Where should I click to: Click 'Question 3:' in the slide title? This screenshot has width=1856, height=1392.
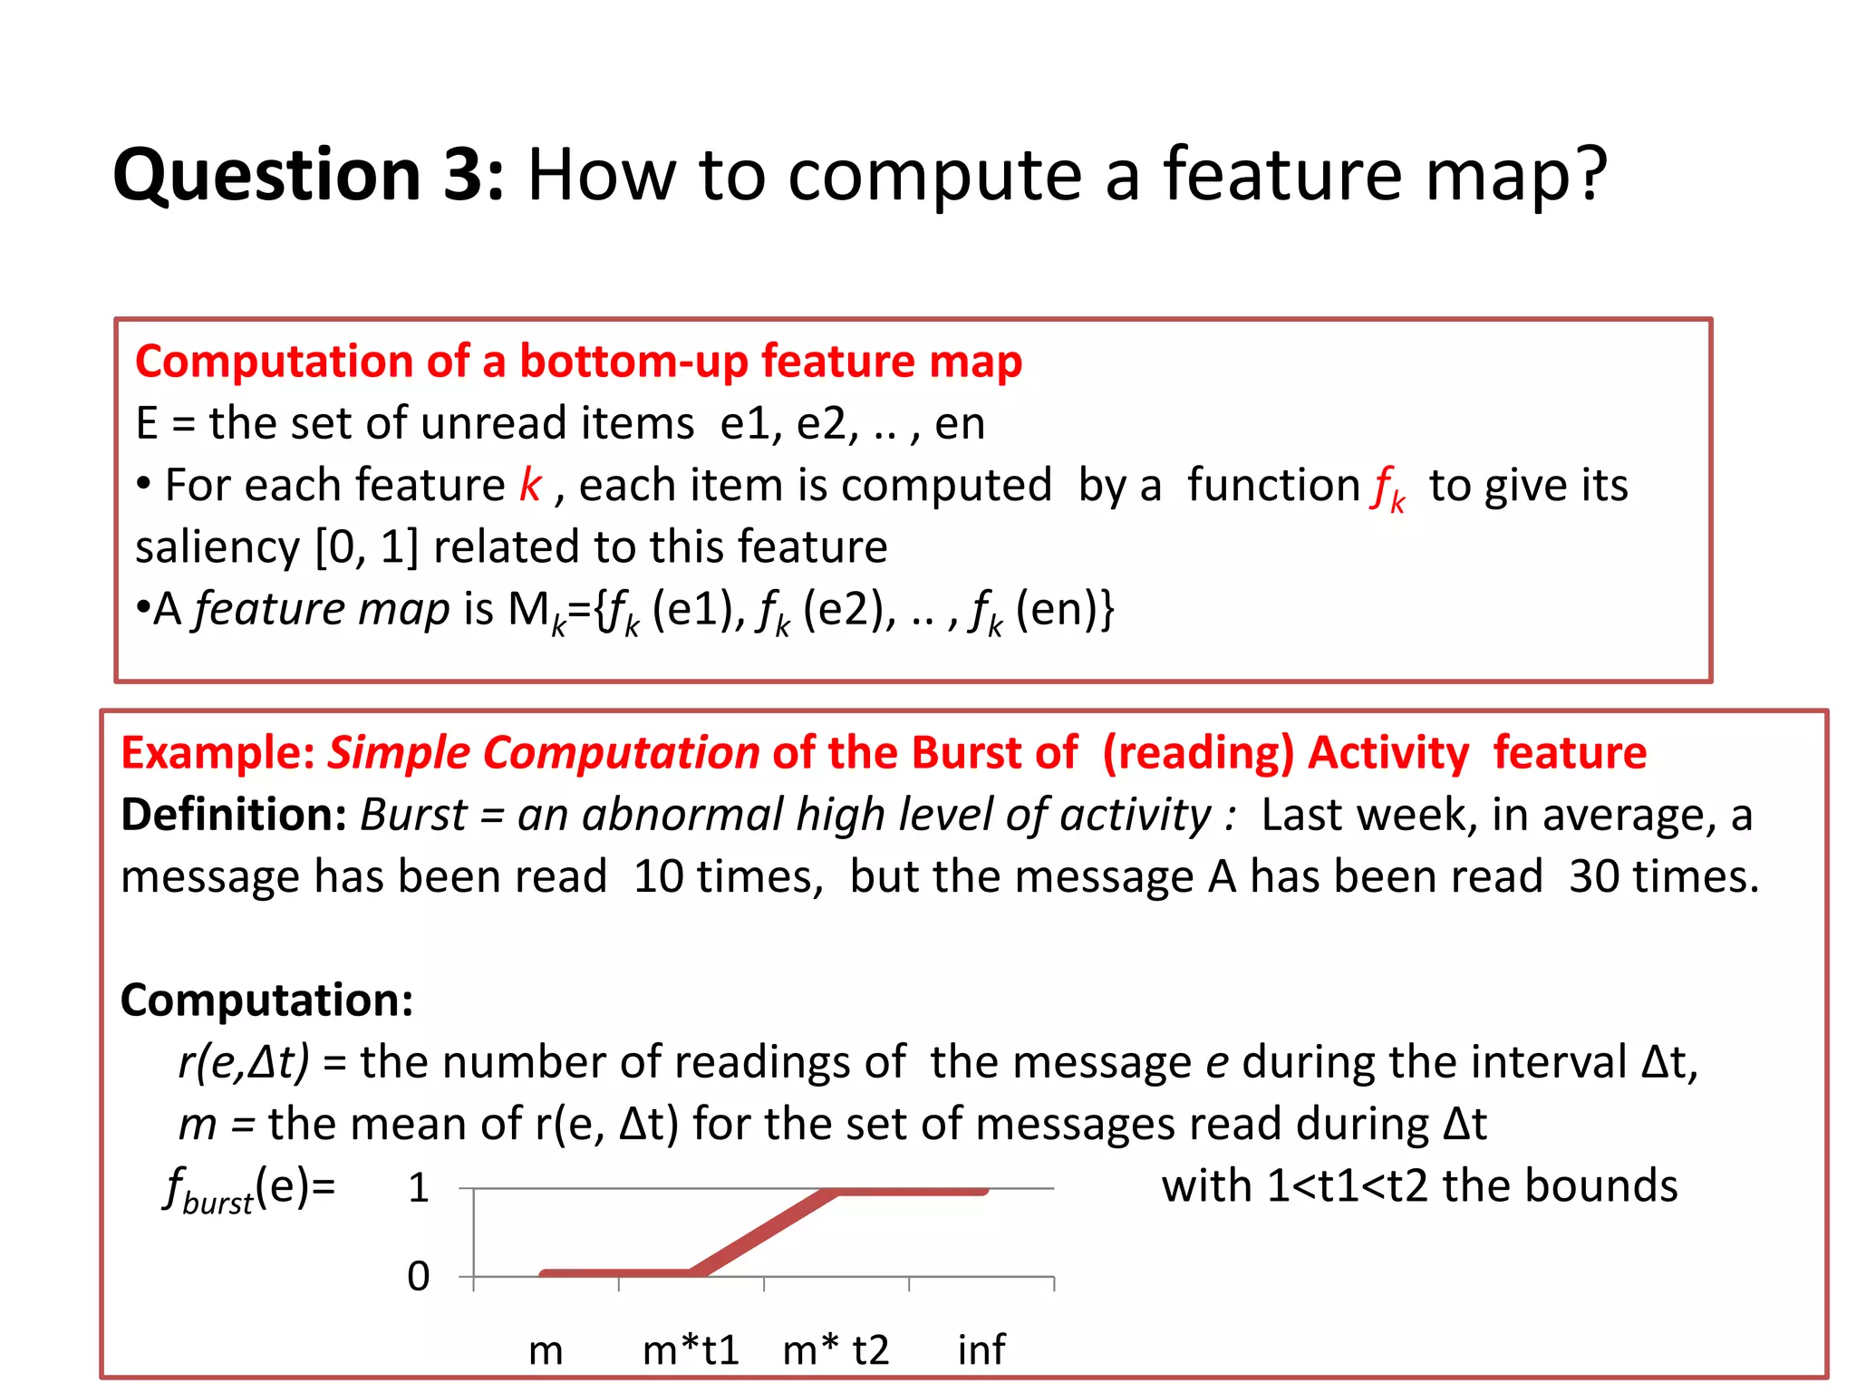(x=308, y=175)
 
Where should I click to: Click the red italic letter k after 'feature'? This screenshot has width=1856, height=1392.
(x=530, y=486)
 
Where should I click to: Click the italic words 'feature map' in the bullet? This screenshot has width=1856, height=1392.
(x=323, y=609)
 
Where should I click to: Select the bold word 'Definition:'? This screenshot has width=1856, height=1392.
(x=234, y=815)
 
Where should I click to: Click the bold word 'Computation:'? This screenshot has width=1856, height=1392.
(x=267, y=1000)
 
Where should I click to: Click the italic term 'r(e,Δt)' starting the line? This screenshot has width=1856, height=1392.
(x=244, y=1062)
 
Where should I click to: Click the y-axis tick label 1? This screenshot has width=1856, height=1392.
(x=418, y=1188)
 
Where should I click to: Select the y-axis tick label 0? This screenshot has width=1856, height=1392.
(x=418, y=1277)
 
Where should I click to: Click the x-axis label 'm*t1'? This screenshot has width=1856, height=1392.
(x=691, y=1350)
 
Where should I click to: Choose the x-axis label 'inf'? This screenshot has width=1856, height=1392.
(x=981, y=1350)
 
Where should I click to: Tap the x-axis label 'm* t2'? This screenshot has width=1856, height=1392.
(x=836, y=1350)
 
